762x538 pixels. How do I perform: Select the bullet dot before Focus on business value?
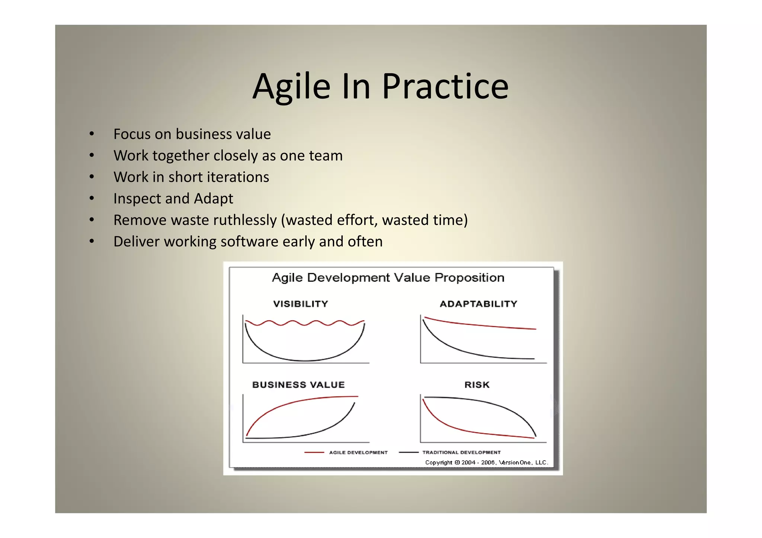pyautogui.click(x=92, y=134)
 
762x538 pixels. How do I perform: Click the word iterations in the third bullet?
pyautogui.click(x=238, y=177)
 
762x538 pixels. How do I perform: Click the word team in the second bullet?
pyautogui.click(x=326, y=155)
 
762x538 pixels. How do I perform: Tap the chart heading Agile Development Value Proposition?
pyautogui.click(x=388, y=278)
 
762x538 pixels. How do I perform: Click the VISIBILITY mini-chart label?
pyautogui.click(x=301, y=304)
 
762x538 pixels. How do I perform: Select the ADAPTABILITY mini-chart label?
pyautogui.click(x=478, y=304)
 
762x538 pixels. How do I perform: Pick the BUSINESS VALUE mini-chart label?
pyautogui.click(x=298, y=384)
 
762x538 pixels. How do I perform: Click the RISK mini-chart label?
pyautogui.click(x=477, y=384)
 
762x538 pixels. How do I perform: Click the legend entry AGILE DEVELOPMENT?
pyautogui.click(x=358, y=452)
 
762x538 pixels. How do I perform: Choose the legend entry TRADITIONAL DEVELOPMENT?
pyautogui.click(x=461, y=452)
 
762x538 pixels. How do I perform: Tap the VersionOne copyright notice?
pyautogui.click(x=487, y=463)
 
